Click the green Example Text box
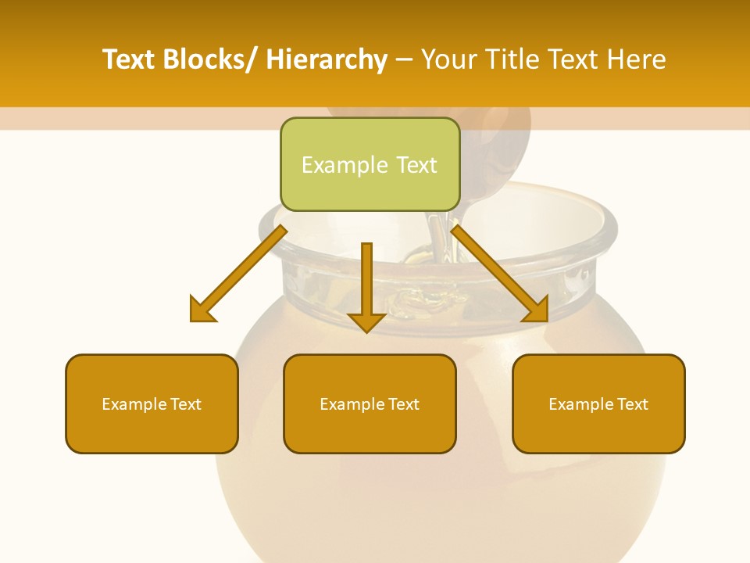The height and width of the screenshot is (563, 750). tap(370, 164)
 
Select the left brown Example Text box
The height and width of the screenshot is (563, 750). tap(152, 403)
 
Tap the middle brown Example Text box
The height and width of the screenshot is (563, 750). tap(370, 403)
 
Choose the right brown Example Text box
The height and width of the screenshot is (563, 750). tap(598, 403)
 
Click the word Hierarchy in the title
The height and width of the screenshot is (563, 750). tap(327, 59)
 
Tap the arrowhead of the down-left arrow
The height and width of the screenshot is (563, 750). tap(202, 310)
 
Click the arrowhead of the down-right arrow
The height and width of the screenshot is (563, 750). tap(536, 309)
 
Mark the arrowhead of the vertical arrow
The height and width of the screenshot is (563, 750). tap(366, 321)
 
